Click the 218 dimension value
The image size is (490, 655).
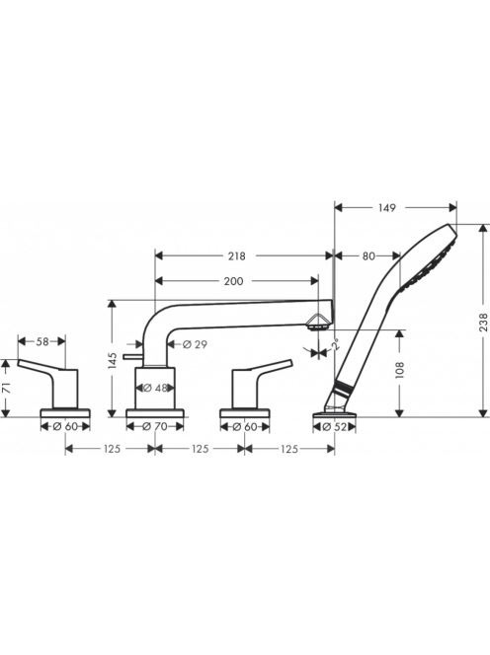pos(236,255)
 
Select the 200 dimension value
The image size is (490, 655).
pos(233,281)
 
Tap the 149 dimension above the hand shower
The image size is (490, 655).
pos(386,207)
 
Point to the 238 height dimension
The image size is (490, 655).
pos(483,322)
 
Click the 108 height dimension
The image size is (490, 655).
pos(400,370)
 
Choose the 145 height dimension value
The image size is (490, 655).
pos(112,361)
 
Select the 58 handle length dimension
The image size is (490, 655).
pos(42,341)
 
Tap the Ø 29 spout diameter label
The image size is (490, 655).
pos(195,344)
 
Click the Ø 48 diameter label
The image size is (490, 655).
pos(155,388)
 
